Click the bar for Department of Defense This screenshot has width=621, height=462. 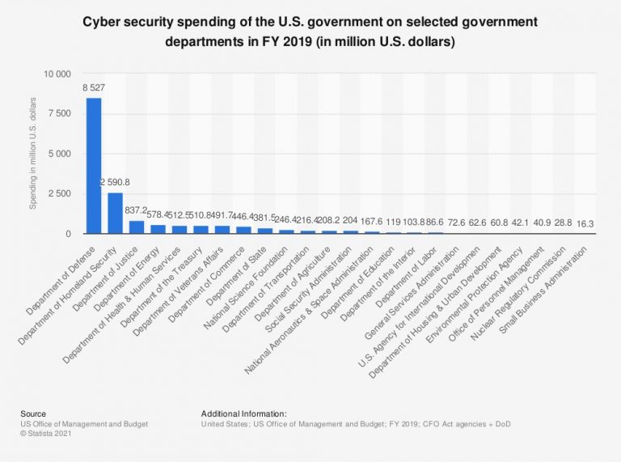pos(94,166)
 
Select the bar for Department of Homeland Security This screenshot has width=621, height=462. pos(115,213)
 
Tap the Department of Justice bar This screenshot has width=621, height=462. pos(136,227)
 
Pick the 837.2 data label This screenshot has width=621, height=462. pos(136,211)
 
